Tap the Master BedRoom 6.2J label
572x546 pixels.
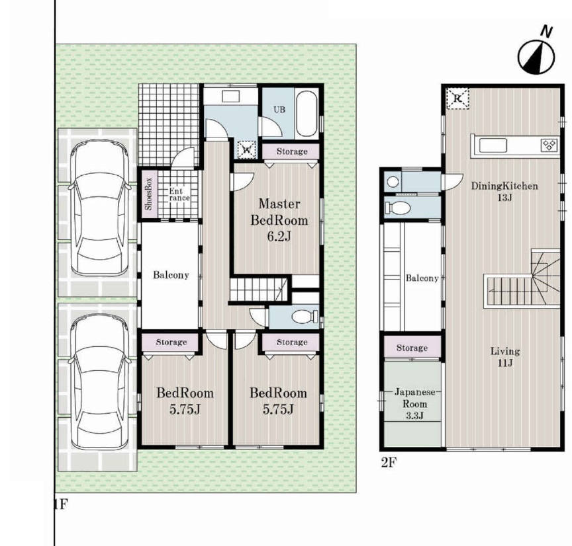tap(279, 220)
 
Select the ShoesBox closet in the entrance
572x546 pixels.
tap(149, 194)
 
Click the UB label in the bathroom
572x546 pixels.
tap(279, 109)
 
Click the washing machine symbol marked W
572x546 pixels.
tap(246, 149)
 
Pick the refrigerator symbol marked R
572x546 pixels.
tap(457, 98)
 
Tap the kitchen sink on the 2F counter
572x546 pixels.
tap(493, 145)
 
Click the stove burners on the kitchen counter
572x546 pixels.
tap(549, 145)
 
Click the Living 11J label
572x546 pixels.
tap(505, 357)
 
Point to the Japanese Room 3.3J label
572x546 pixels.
tap(415, 404)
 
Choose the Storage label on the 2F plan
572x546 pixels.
tap(412, 348)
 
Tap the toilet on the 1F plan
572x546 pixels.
tap(306, 316)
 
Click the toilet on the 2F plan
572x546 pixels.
tap(398, 208)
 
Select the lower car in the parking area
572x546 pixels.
tap(99, 381)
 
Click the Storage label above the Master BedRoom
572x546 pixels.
tap(292, 151)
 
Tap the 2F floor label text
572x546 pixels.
tap(389, 463)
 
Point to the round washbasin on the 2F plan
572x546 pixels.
tap(393, 181)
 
